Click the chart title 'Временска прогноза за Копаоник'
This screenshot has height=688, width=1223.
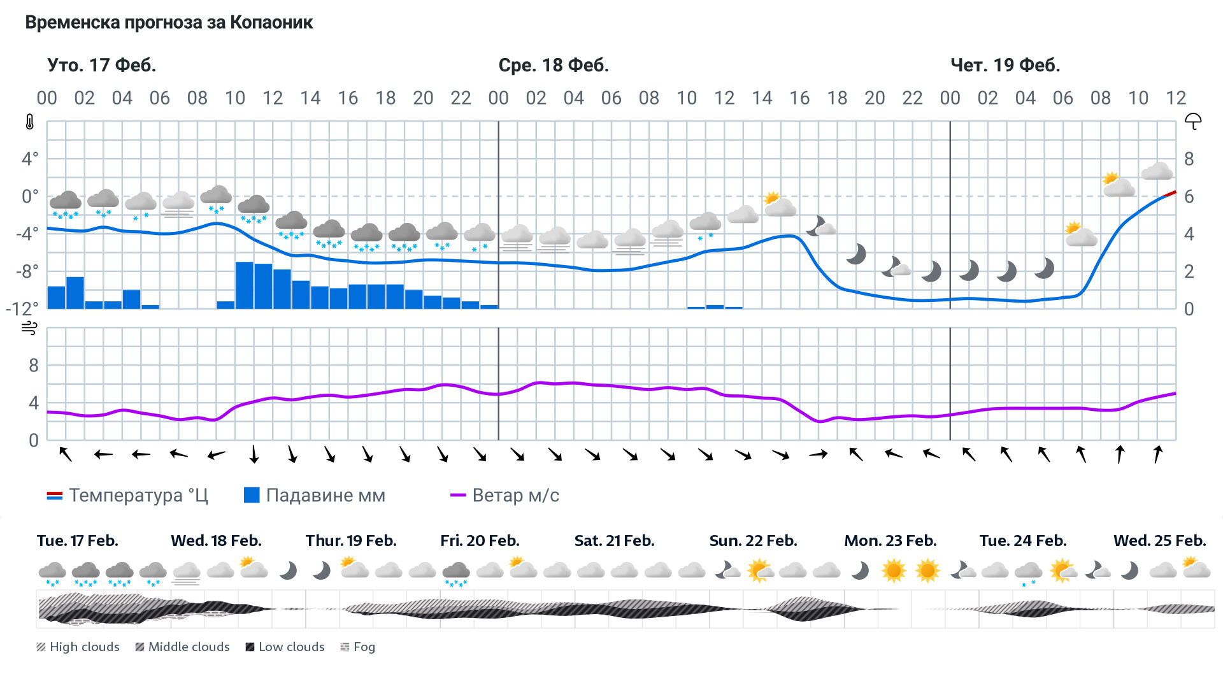169,23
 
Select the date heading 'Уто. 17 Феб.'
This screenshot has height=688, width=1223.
101,65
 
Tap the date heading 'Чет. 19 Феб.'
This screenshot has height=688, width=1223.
1005,65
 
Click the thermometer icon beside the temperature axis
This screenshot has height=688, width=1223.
30,122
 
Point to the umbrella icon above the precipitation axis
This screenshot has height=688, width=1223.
1192,121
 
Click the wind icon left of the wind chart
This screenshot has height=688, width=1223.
29,328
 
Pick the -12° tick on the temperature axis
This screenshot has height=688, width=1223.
22,309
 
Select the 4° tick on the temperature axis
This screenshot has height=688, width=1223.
30,159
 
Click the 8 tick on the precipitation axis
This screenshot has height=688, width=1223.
1189,159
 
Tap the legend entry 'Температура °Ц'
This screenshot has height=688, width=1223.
127,496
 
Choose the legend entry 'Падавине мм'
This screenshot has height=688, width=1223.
315,496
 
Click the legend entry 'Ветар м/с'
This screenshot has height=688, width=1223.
504,496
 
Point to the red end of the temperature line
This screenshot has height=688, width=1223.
1170,193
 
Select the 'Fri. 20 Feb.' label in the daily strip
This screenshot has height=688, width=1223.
480,541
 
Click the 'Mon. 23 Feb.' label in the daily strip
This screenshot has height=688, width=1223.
890,541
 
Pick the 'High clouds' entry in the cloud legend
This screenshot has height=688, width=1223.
78,647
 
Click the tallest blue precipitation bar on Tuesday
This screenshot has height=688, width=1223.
245,285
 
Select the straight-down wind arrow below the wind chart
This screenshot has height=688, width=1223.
254,454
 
